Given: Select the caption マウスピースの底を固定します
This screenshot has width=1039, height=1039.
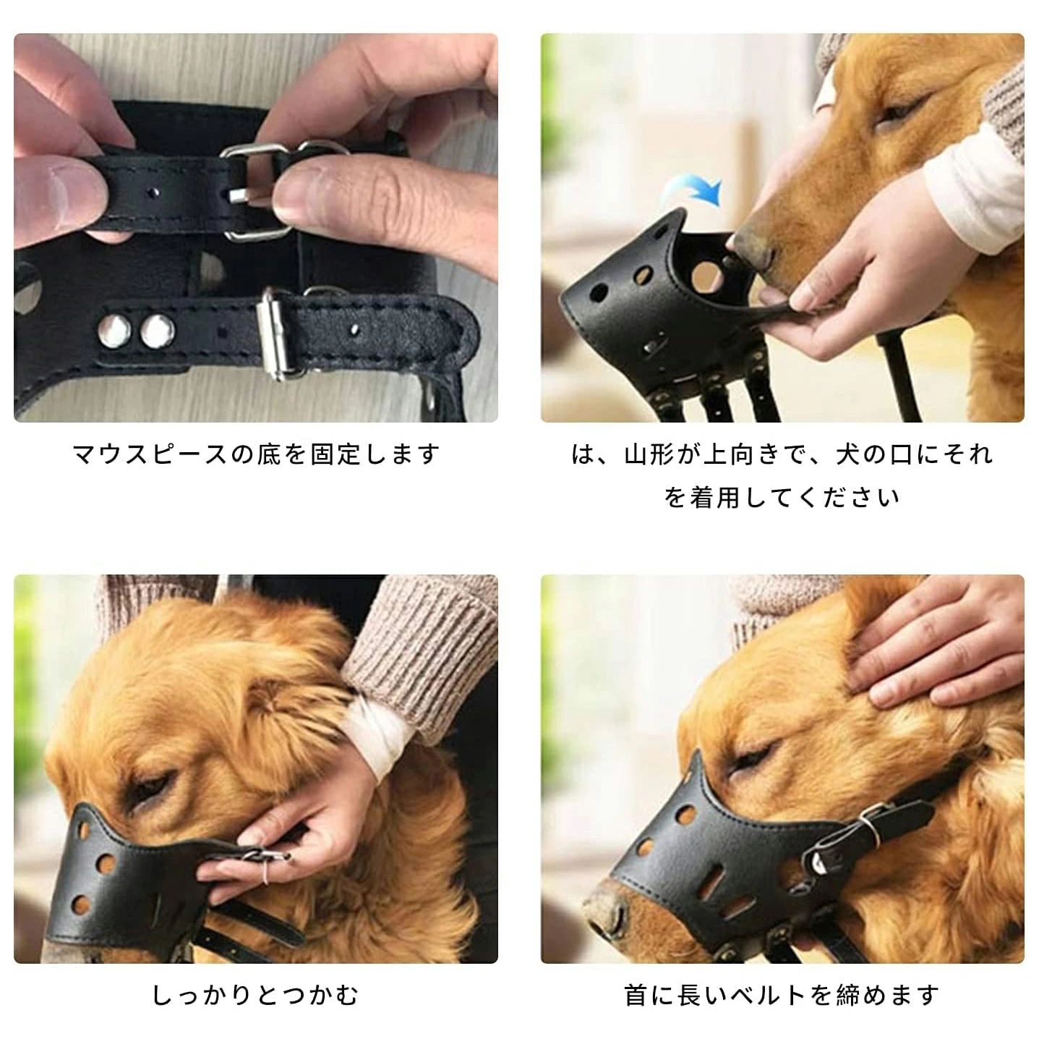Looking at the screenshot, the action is [256, 454].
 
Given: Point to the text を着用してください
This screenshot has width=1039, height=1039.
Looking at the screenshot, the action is [782, 497].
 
